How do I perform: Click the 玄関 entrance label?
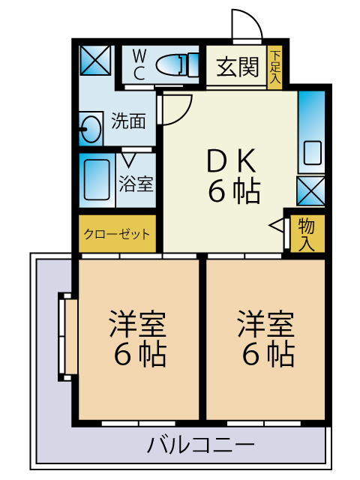point(238,68)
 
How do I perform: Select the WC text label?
point(139,64)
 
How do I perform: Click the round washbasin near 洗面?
point(91,129)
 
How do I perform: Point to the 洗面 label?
point(128,120)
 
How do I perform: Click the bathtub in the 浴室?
point(96,180)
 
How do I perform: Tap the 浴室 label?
point(136,182)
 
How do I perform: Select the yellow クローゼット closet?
point(116,233)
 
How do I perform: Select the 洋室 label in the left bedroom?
point(139,324)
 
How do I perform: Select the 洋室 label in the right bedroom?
point(266,324)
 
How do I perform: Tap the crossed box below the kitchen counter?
point(311,190)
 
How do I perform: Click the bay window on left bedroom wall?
point(67,339)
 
